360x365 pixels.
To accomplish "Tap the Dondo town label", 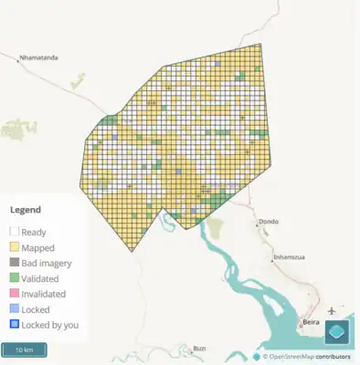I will click(269, 222).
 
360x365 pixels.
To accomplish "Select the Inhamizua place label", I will click(289, 257).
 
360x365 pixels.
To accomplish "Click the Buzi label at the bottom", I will click(199, 349).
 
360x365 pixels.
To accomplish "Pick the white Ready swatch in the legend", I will click(15, 232).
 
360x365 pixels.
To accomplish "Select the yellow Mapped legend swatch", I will click(15, 247).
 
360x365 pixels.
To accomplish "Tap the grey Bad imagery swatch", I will click(15, 263).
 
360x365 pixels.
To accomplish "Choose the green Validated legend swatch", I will click(15, 278).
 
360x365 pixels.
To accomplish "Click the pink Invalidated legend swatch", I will click(15, 294).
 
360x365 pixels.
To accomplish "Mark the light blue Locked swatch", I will click(15, 309).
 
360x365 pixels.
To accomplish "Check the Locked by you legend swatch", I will click(15, 325).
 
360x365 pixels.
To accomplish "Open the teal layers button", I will click(337, 332).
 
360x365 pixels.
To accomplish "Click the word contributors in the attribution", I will click(334, 357).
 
